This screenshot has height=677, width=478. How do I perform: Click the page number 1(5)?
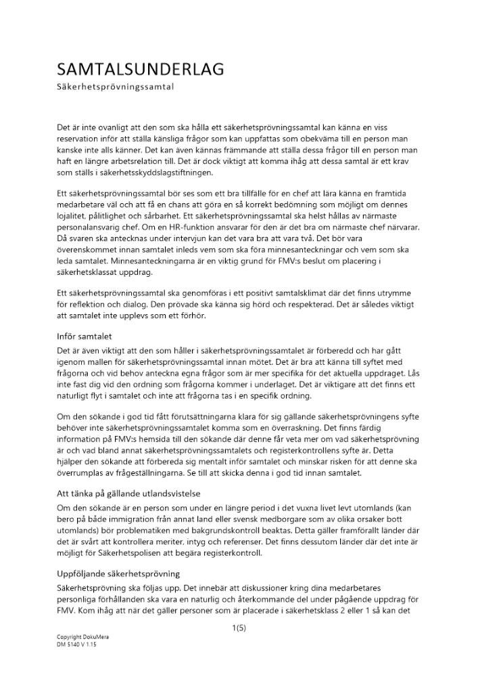click(239, 628)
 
